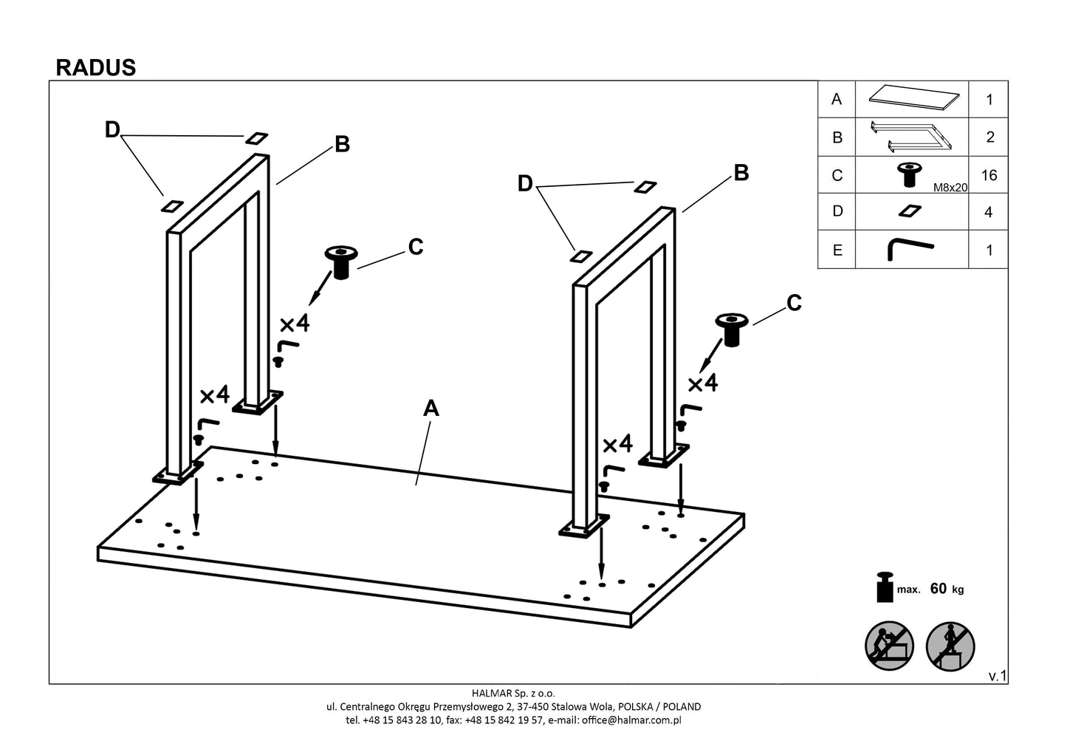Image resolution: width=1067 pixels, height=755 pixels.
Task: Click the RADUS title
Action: [96, 68]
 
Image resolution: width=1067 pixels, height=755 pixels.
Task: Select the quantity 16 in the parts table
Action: [989, 175]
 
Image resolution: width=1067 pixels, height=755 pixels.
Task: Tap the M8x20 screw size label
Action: [950, 188]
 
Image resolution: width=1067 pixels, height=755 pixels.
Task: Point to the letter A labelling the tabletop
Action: [430, 409]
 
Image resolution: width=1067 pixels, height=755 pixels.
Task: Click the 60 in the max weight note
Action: [939, 589]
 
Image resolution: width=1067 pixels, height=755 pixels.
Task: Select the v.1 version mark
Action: [998, 676]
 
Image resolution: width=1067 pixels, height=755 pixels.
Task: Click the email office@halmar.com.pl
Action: [631, 720]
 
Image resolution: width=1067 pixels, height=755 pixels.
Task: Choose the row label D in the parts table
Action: [837, 211]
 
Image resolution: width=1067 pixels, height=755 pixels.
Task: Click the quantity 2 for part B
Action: [989, 137]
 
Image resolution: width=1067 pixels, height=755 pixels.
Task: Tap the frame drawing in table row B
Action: [910, 137]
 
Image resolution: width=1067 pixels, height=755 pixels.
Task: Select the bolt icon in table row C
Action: [908, 175]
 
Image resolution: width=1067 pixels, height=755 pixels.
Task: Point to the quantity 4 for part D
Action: [989, 213]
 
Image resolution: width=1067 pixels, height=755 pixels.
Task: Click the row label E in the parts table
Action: [837, 250]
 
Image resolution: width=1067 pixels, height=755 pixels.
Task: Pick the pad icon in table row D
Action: [910, 212]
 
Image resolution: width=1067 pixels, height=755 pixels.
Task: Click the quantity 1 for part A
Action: [989, 100]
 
